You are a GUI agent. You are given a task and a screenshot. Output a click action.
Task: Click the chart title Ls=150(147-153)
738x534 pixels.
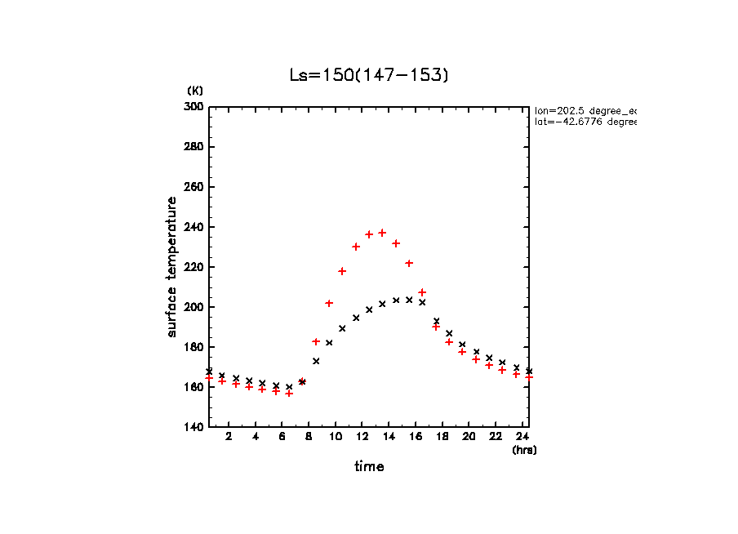click(x=369, y=75)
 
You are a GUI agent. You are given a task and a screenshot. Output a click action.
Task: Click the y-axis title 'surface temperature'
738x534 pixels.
click(x=172, y=267)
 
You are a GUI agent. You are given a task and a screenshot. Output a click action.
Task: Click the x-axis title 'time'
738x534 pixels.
click(x=369, y=467)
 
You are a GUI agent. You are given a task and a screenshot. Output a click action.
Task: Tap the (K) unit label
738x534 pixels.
click(x=195, y=91)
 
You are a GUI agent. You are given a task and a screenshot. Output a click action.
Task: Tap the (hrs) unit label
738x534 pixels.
click(x=523, y=450)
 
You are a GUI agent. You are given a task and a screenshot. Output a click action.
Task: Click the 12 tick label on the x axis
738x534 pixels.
click(x=362, y=437)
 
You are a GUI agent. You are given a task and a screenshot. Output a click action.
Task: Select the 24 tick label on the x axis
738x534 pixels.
click(x=522, y=437)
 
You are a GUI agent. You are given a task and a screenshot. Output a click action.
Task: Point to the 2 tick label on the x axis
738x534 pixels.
click(x=229, y=437)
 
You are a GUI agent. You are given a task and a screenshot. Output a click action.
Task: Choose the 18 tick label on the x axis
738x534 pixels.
click(x=442, y=437)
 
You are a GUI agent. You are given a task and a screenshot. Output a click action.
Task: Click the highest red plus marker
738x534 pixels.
click(x=382, y=233)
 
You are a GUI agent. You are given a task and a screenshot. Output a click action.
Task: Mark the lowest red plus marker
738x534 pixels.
click(x=289, y=393)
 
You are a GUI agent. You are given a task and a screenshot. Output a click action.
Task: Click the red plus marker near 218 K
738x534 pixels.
click(x=342, y=271)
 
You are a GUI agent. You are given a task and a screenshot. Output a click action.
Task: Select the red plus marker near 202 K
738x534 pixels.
click(x=329, y=303)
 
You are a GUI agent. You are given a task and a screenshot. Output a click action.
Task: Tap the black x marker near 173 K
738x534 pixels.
click(x=316, y=361)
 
